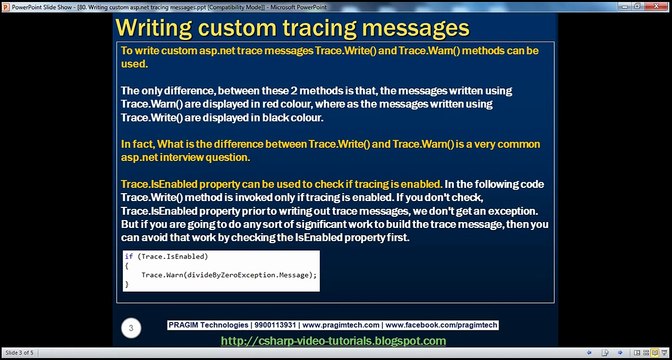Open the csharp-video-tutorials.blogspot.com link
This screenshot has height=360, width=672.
click(333, 341)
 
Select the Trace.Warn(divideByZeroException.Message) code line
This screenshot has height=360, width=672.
click(229, 274)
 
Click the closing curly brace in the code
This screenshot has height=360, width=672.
click(126, 284)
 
